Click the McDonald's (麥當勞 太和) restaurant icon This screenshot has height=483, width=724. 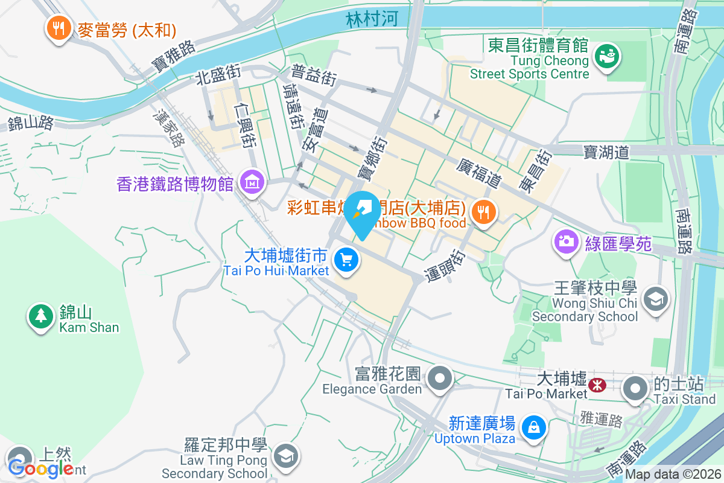coord(59,28)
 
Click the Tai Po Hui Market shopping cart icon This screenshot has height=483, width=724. coord(346,261)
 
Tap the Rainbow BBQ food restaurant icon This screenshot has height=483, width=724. coord(483,212)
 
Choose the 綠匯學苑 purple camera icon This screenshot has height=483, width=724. coord(566,242)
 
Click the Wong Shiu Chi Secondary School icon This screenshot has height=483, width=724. coord(655,298)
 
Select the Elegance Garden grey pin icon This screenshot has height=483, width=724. coord(440,379)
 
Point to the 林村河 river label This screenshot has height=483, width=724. coord(372,19)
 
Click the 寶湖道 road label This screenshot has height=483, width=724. coord(606,152)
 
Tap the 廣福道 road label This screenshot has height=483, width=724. coord(480,172)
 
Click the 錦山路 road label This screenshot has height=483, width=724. coord(30,123)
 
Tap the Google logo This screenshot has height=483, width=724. coord(41,468)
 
